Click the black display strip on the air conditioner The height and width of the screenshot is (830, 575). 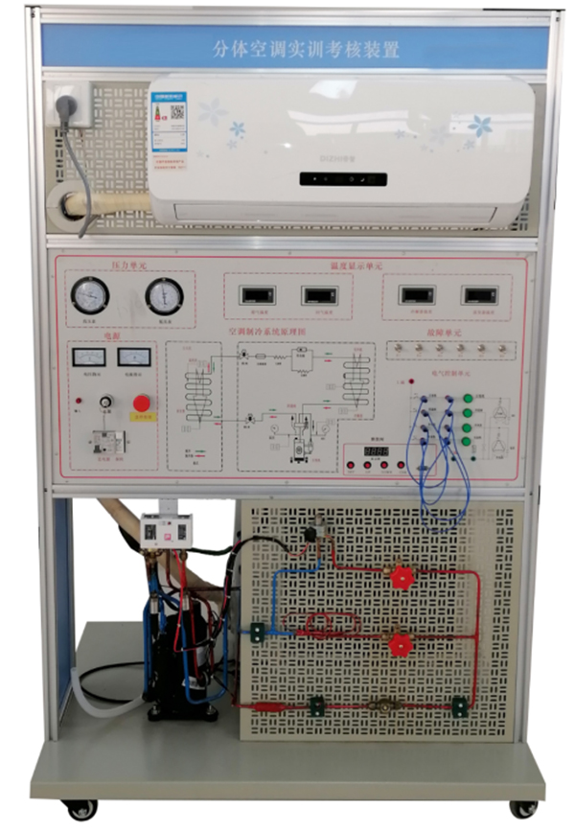(x=342, y=179)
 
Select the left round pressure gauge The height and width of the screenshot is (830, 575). (x=90, y=295)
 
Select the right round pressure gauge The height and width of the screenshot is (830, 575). (x=164, y=296)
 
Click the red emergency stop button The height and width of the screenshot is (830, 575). (x=142, y=403)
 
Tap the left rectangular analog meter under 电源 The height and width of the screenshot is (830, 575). (x=88, y=357)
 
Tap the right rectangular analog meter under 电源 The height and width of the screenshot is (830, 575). (x=133, y=357)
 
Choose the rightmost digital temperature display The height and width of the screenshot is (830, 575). (x=478, y=295)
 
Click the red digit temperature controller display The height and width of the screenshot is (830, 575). (x=375, y=450)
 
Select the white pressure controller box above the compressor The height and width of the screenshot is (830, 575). (x=158, y=529)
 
